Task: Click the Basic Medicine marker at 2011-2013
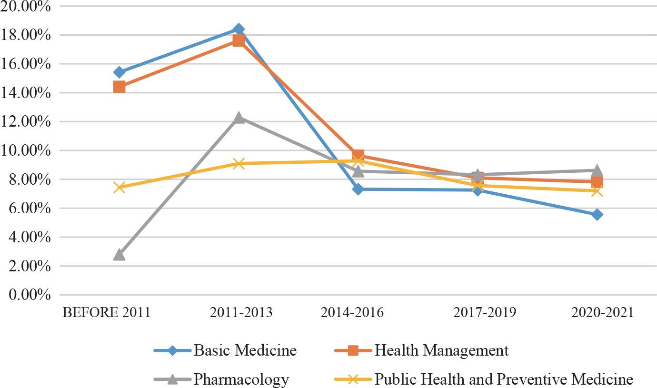coord(239,30)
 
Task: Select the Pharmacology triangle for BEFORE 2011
coord(119,255)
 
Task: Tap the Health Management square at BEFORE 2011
coord(119,87)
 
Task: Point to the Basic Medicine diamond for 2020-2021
coord(597,215)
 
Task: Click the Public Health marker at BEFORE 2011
coord(119,188)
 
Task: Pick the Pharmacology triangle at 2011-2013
coord(239,118)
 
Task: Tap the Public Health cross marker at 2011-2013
coord(239,164)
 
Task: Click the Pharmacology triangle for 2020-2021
coord(597,170)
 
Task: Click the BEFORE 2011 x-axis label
coord(107,313)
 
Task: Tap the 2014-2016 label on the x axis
coord(352,313)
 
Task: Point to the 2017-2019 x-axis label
coord(484,313)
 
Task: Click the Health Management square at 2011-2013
coord(239,41)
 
